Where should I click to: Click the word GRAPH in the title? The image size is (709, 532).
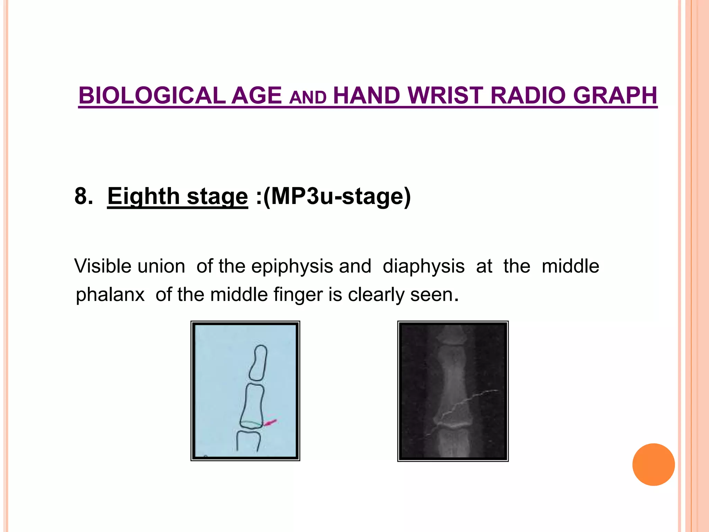pos(615,96)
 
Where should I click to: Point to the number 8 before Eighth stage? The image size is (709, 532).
pos(81,196)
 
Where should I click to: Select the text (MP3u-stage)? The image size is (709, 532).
pos(337,196)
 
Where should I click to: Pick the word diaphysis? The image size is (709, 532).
pos(423,266)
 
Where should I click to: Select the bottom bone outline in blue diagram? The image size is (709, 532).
pos(248,440)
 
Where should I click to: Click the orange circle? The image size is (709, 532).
pos(653,464)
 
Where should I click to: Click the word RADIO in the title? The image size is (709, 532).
pos(528,96)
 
